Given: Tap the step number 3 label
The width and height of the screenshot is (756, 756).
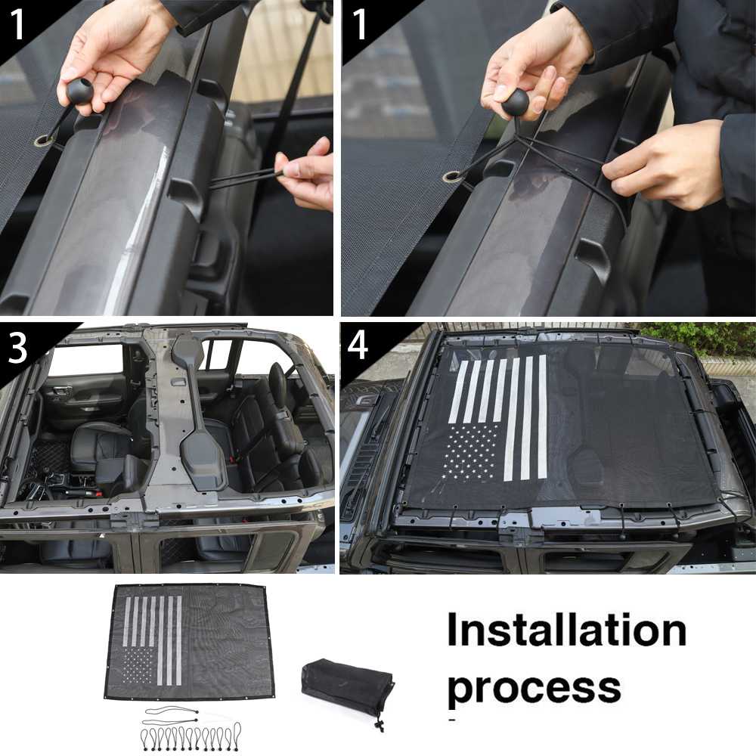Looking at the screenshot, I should (x=20, y=350).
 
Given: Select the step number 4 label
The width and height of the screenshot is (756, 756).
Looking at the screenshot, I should (x=358, y=347).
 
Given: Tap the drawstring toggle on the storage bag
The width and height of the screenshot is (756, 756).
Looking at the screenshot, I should (x=377, y=724).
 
